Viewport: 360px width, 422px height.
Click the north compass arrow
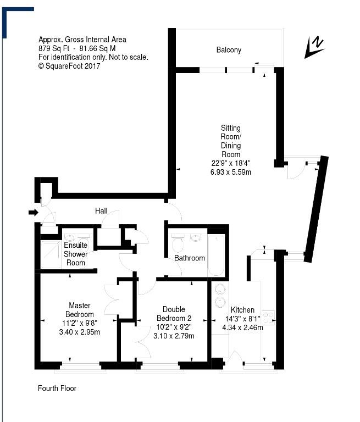[x=314, y=47]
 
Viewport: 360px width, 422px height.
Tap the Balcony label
[x=229, y=50]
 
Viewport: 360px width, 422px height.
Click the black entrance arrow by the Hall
[x=34, y=213]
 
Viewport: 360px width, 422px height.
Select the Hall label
[x=101, y=211]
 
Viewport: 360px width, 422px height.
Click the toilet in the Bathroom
[x=178, y=242]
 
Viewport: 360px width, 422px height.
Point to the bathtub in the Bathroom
[x=216, y=255]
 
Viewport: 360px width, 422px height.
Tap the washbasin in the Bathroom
[x=196, y=237]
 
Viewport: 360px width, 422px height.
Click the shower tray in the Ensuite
[x=51, y=254]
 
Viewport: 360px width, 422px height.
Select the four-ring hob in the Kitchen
[x=268, y=318]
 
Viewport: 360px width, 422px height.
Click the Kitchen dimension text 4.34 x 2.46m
[x=242, y=327]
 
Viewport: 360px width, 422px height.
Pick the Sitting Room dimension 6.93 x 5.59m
[x=231, y=172]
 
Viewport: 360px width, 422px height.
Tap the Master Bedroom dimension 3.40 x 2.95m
[x=80, y=332]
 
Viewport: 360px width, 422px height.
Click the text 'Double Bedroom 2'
[x=174, y=314]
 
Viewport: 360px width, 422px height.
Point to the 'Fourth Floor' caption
[x=57, y=388]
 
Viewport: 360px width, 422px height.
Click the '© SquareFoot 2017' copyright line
[x=69, y=66]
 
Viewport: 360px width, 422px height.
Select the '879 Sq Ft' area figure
[x=54, y=48]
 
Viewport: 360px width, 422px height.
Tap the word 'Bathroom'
[x=190, y=258]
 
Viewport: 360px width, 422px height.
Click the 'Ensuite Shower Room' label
[x=76, y=254]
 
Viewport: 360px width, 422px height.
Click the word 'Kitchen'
[x=242, y=310]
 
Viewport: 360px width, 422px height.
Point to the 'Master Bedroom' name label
[x=80, y=310]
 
